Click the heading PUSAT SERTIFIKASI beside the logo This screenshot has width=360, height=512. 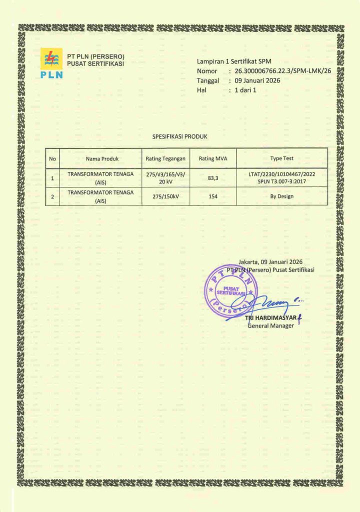pos(95,63)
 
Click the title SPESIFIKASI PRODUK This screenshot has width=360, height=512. pos(179,136)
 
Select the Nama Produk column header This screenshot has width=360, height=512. pos(102,158)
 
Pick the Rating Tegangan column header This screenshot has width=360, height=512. pos(165,158)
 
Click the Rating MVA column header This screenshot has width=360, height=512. pos(213,158)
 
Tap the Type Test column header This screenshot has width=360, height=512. pos(281,158)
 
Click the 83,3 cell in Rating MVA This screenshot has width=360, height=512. pos(213,177)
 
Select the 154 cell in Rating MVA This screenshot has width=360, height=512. pos(213,196)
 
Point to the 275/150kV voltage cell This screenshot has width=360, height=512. pos(165,196)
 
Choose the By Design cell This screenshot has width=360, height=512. pos(281,196)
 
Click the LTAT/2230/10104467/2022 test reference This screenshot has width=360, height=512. pos(281,173)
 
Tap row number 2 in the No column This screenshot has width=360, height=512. pos(52,196)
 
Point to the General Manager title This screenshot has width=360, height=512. pos(271,326)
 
